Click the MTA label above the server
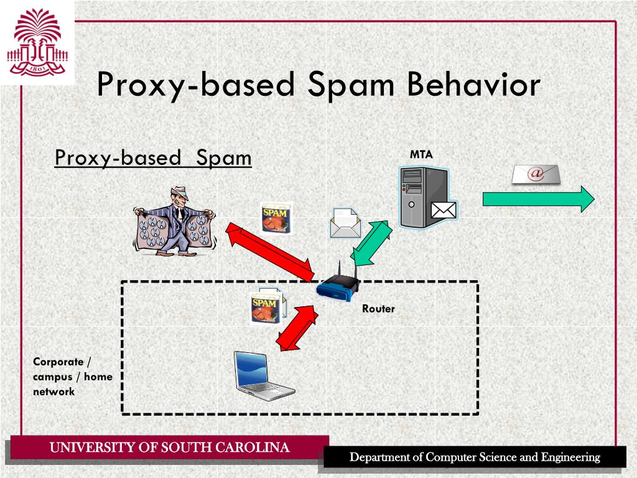[421, 154]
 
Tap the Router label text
[378, 309]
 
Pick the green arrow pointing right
[539, 199]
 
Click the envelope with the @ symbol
[536, 174]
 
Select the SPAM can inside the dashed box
[264, 309]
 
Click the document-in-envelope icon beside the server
[345, 223]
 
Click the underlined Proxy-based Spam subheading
[153, 158]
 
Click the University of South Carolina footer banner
[169, 448]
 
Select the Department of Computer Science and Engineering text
[474, 457]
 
